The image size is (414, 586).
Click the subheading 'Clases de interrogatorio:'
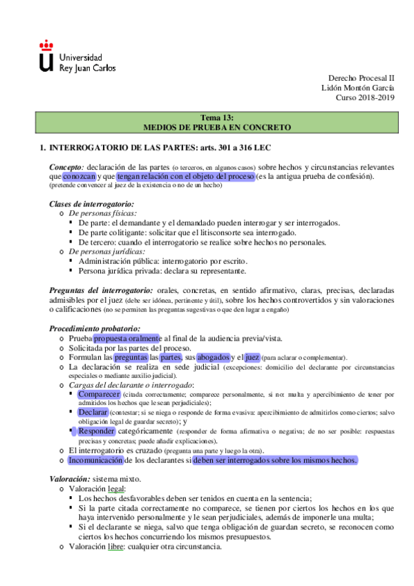point(91,204)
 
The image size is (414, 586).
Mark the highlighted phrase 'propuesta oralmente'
point(128,338)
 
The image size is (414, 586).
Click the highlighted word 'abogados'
point(214,357)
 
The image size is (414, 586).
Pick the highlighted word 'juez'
point(252,357)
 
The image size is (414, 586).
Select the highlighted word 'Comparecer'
point(102,394)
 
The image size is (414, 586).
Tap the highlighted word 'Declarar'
point(93,412)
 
